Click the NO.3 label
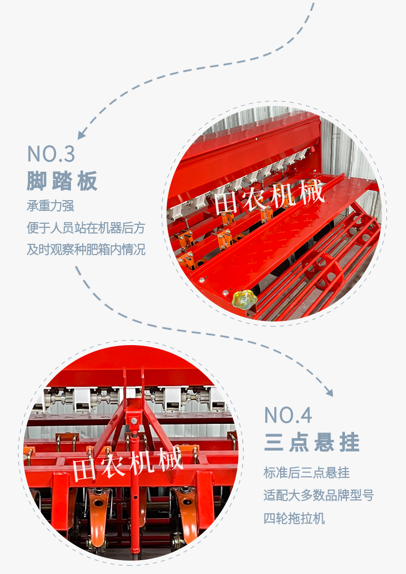click(51, 154)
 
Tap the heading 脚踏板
click(62, 181)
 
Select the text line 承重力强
click(50, 206)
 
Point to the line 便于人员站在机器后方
click(86, 228)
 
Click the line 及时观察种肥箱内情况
click(86, 249)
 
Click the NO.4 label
click(288, 415)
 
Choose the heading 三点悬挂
click(311, 442)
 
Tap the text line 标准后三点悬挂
click(306, 473)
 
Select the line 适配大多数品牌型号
click(319, 495)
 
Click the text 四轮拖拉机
click(294, 518)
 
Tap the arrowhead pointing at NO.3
click(82, 134)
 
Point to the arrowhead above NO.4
click(329, 392)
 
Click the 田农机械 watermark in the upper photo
click(269, 198)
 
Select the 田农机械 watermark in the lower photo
click(127, 464)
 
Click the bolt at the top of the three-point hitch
click(134, 421)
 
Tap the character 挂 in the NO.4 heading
click(349, 442)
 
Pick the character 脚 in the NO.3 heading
click(36, 181)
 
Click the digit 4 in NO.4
click(306, 415)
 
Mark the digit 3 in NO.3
click(69, 154)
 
